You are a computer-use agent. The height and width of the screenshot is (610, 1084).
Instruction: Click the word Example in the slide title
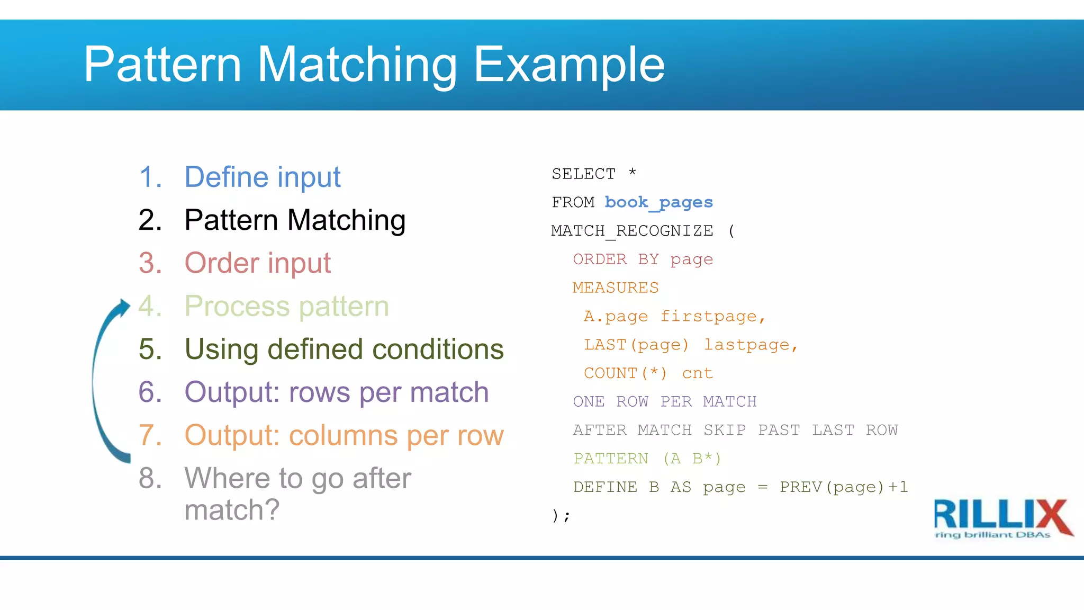pyautogui.click(x=569, y=65)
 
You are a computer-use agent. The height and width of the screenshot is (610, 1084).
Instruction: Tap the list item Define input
pyautogui.click(x=262, y=177)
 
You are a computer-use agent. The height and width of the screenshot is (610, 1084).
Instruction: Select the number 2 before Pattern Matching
pyautogui.click(x=150, y=220)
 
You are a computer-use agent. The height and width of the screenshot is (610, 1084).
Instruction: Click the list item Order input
pyautogui.click(x=257, y=263)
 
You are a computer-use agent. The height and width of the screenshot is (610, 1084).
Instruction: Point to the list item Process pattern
pyautogui.click(x=286, y=306)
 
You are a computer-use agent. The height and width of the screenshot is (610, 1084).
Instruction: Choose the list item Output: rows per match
pyautogui.click(x=336, y=392)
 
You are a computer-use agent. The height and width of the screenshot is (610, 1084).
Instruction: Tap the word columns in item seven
pyautogui.click(x=343, y=436)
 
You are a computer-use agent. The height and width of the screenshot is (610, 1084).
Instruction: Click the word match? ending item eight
pyautogui.click(x=231, y=510)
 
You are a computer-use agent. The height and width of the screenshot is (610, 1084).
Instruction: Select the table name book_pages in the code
pyautogui.click(x=658, y=202)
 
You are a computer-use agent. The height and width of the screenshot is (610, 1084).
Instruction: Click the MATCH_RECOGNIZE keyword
pyautogui.click(x=632, y=231)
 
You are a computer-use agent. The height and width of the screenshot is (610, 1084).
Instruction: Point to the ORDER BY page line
pyautogui.click(x=643, y=259)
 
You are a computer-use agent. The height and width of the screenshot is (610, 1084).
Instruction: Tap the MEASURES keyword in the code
pyautogui.click(x=615, y=288)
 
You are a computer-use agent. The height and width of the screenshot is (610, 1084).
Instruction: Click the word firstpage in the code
pyautogui.click(x=708, y=317)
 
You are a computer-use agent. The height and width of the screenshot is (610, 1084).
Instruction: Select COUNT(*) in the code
pyautogui.click(x=625, y=373)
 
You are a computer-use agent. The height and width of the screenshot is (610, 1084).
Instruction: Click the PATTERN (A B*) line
pyautogui.click(x=647, y=459)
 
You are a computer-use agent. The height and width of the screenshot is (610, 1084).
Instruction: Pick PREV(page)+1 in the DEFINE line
pyautogui.click(x=843, y=487)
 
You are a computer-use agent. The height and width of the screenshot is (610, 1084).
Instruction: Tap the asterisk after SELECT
pyautogui.click(x=632, y=172)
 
